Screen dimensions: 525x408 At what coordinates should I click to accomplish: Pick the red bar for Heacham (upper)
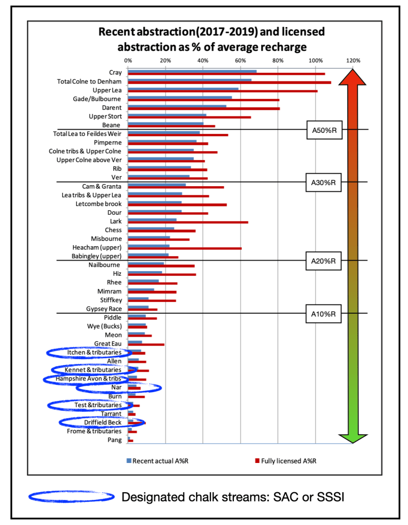(184, 248)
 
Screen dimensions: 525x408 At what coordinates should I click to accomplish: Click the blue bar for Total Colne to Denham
(189, 80)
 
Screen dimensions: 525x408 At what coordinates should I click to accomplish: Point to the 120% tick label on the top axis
(353, 60)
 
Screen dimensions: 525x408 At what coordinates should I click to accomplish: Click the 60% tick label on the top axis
(241, 60)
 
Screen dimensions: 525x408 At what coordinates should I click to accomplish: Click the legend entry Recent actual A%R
(156, 460)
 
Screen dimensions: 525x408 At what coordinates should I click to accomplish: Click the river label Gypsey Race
(104, 309)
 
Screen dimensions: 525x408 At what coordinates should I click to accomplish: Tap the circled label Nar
(117, 388)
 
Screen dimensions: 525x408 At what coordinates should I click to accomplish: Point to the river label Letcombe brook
(98, 204)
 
